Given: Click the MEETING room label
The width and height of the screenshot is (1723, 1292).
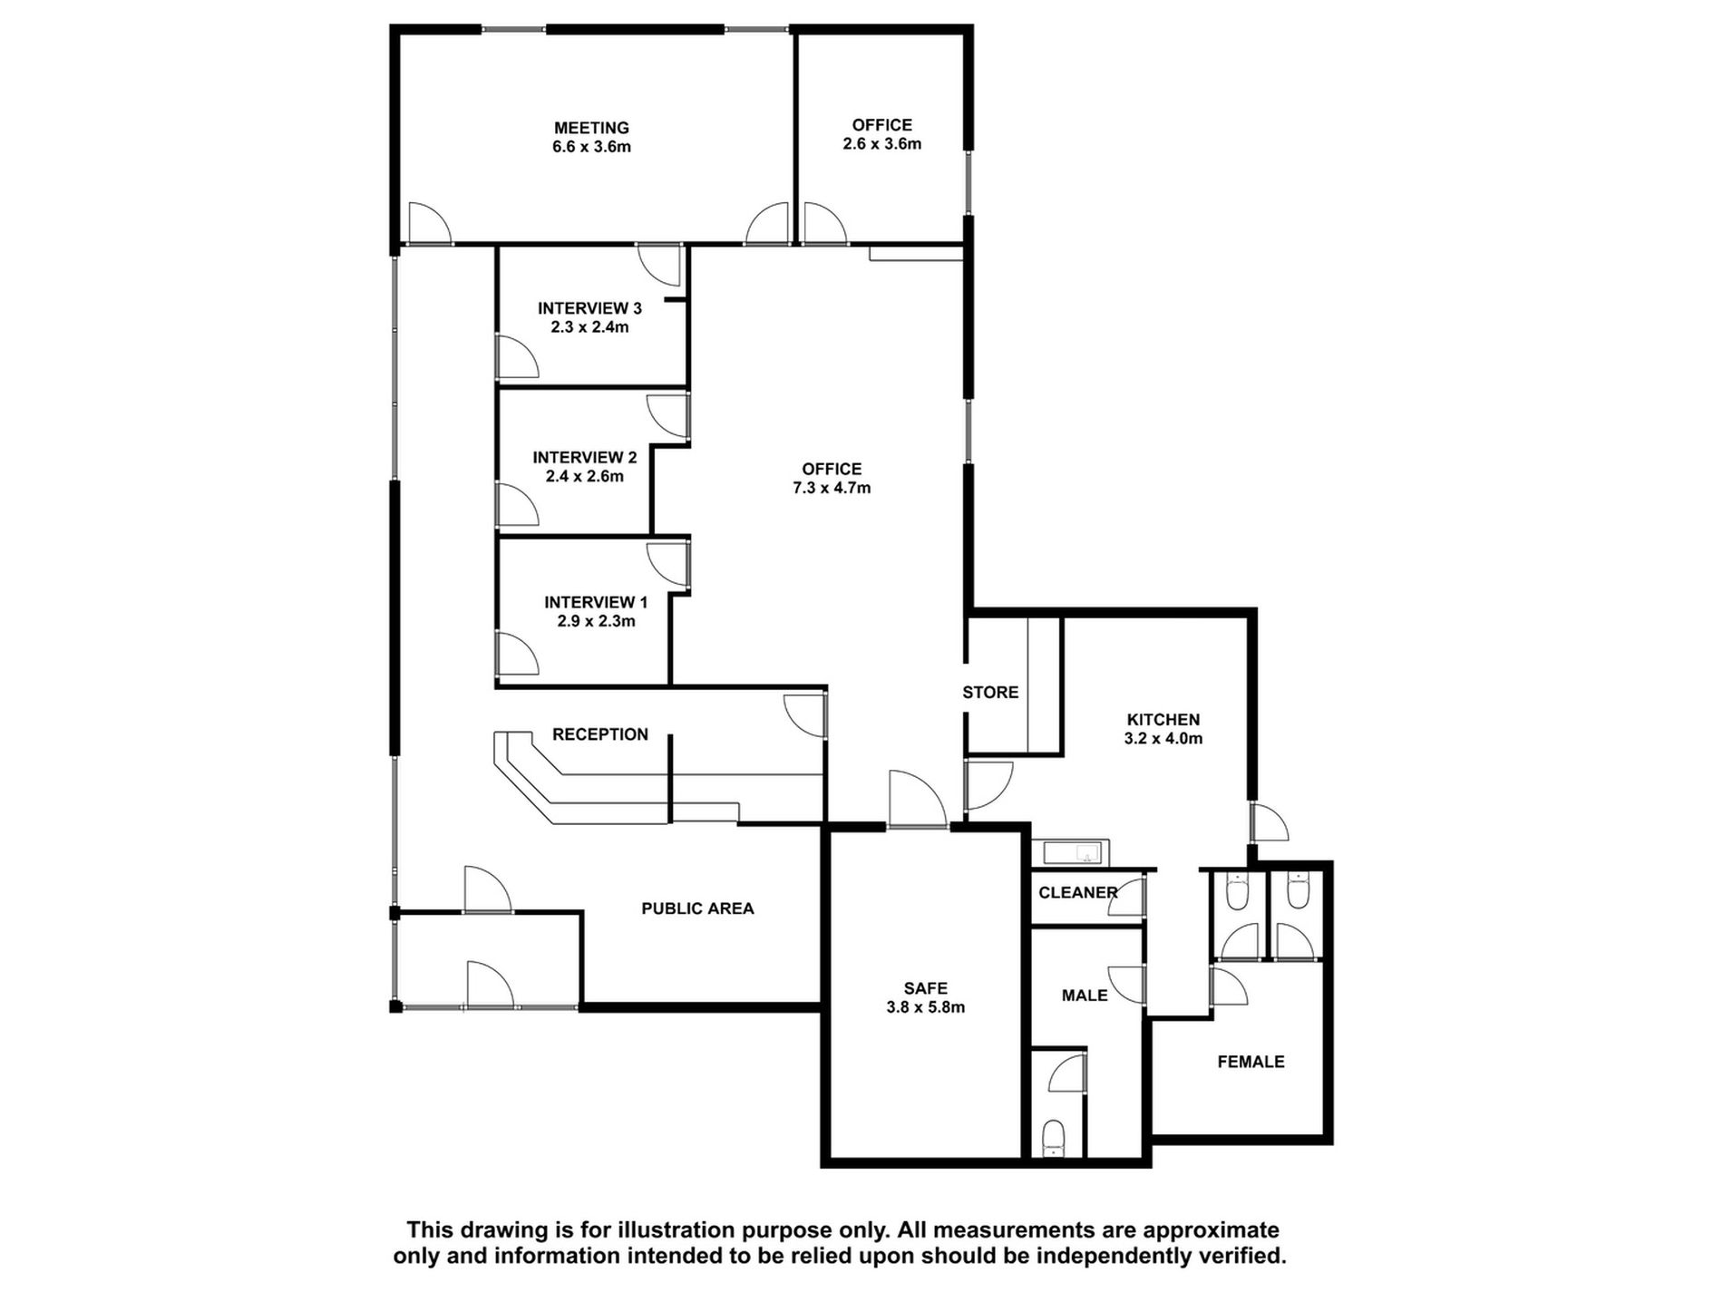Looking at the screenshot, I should coord(591,128).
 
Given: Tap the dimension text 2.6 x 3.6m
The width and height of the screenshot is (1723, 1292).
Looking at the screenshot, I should coord(881,144).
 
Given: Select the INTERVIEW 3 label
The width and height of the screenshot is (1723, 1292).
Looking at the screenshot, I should coord(589,308).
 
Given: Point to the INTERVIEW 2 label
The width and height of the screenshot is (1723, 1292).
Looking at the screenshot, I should coord(584,458).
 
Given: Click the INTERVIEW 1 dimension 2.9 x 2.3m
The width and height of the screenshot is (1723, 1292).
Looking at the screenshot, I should coord(596,621).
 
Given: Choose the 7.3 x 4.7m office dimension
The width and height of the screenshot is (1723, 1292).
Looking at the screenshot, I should coord(832,488).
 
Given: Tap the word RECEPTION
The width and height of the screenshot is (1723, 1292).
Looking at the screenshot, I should coord(599,734).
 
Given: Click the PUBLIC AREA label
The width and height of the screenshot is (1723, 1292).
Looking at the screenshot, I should coord(697,908).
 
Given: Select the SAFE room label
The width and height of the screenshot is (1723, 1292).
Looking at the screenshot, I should coord(925,988).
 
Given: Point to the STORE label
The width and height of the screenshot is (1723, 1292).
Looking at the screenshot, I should coord(990,693).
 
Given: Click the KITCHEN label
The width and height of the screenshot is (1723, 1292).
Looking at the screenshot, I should coord(1163,720).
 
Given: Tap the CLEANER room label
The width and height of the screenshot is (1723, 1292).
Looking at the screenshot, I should coord(1077,893).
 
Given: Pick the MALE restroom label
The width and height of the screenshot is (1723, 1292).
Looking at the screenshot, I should coord(1085,996).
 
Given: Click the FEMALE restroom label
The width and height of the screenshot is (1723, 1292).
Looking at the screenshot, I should coord(1251,1062).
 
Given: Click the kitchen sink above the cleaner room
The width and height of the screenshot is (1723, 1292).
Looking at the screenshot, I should coord(1071,852).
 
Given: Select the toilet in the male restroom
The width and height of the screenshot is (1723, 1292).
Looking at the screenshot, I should coord(1053,1137).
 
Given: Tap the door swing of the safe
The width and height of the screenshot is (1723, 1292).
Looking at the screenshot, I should coord(916,800).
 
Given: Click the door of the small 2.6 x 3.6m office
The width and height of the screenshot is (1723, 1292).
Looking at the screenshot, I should coord(823,224).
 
